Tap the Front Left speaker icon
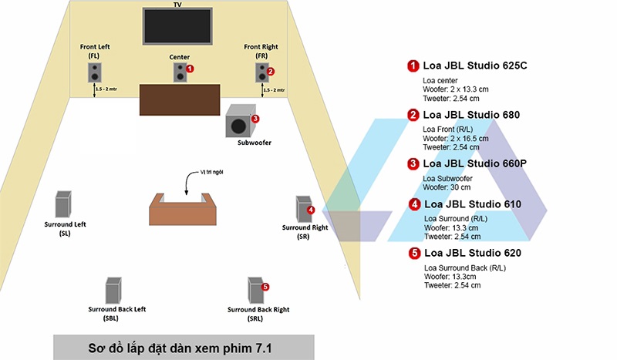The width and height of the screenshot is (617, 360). point(94,73)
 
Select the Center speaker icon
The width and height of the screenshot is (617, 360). point(179,73)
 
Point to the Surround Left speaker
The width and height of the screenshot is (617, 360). point(63,205)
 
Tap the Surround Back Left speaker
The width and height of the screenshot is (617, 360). point(113,291)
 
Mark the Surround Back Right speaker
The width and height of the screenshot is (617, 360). point(255,291)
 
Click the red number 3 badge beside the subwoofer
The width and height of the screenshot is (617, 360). point(255,119)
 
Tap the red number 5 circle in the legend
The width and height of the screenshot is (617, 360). point(413,253)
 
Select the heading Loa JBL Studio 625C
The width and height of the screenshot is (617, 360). point(475,66)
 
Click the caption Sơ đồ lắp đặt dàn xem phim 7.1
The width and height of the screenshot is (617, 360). point(183,347)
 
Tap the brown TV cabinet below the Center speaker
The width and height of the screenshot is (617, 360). point(180,99)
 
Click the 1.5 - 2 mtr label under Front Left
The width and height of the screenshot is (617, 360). point(106,90)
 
